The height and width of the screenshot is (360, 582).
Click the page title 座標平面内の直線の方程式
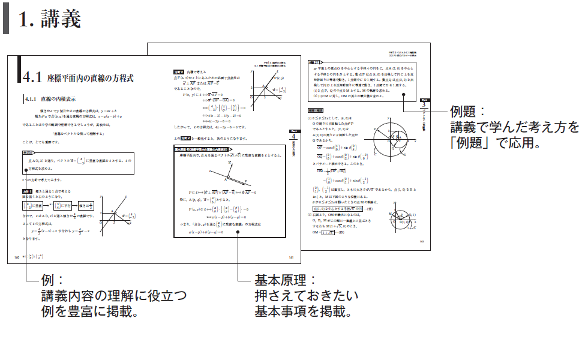(89, 78)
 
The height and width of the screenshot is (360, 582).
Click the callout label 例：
(53, 280)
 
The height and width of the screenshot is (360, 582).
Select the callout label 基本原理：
(281, 280)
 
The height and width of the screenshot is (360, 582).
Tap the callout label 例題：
(468, 112)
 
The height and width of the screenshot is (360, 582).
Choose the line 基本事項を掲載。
(303, 311)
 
